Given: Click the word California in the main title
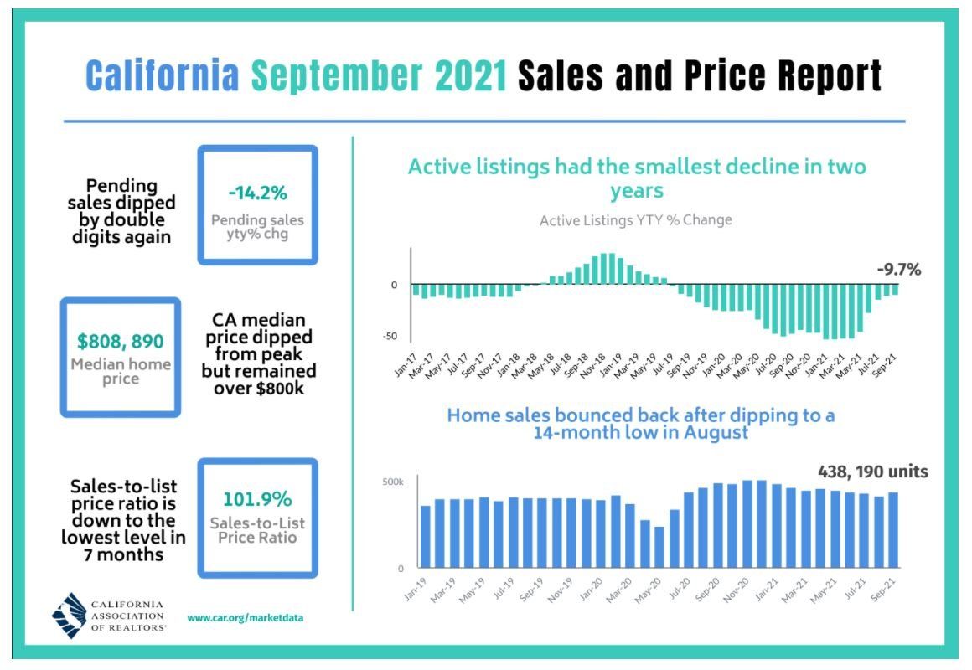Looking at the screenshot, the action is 163,75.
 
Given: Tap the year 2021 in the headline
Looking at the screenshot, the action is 471,75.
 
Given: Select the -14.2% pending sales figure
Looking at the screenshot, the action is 258,193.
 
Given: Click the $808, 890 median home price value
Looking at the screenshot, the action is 121,342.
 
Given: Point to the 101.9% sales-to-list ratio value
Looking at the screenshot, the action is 257,499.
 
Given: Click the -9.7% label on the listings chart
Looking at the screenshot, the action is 899,270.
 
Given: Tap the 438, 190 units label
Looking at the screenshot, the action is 873,472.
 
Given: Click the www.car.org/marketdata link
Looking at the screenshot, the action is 246,618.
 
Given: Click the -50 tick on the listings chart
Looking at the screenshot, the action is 390,337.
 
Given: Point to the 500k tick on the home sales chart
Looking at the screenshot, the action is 393,482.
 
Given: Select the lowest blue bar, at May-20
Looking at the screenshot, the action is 659,547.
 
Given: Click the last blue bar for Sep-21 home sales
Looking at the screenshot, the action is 893,530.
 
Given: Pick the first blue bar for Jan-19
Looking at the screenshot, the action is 426,537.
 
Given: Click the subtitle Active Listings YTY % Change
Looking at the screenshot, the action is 635,220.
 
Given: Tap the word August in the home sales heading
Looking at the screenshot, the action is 716,433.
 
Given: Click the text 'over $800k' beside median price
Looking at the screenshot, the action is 259,389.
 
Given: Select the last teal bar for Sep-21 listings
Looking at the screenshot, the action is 895,290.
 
